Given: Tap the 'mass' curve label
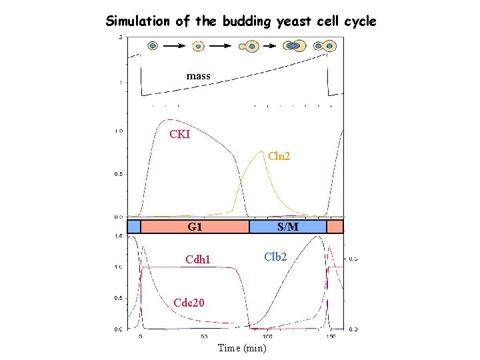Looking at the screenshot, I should (198, 76).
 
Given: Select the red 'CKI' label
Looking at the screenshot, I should (179, 135).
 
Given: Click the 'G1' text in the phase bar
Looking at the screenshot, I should (195, 227).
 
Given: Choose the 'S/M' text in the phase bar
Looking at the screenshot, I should (287, 227).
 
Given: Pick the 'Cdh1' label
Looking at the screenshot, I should (197, 259).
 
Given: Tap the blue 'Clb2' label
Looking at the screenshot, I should (275, 256).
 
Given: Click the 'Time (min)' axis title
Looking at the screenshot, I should (241, 348).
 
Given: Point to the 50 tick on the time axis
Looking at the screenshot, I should (203, 337).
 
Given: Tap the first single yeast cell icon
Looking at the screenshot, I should (153, 46).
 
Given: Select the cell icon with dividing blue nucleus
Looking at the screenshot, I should (293, 46).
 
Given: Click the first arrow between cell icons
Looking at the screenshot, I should (175, 46).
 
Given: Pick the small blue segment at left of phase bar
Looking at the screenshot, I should (133, 227).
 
